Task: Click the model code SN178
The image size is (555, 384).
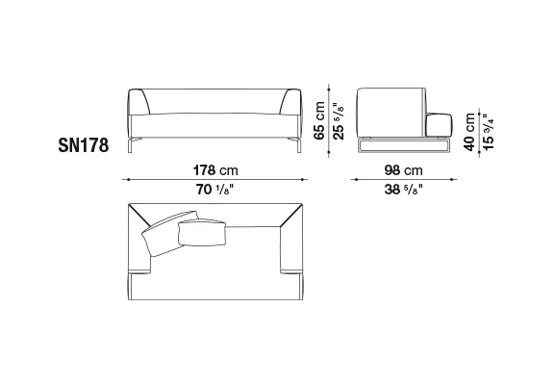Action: pos(84,145)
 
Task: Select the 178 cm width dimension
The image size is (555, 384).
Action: pos(215,170)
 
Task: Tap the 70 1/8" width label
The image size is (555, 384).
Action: pos(215,190)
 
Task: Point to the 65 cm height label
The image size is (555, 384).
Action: pos(319,120)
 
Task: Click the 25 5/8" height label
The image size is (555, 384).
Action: pos(338,121)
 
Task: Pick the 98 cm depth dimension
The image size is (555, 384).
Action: pos(404,170)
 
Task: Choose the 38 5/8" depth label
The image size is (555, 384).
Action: pos(404,190)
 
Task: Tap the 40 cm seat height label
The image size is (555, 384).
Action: pos(469,132)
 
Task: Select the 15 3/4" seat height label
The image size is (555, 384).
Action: pos(488,132)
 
